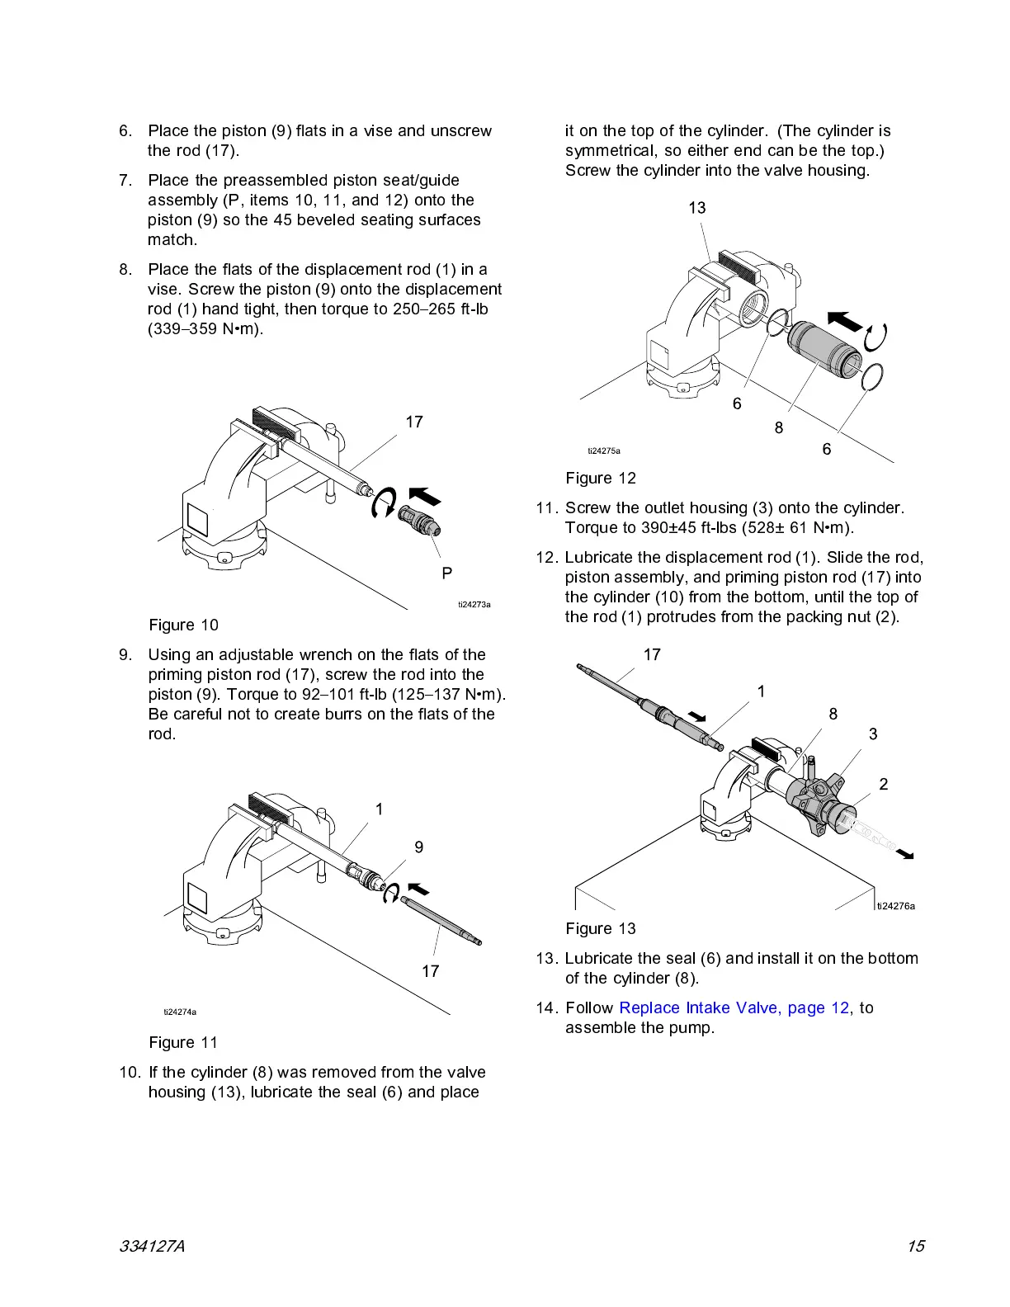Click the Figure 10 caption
(183, 625)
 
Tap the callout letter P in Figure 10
(446, 573)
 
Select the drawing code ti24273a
(474, 605)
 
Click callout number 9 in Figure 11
(419, 847)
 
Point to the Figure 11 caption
(183, 1042)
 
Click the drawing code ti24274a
(180, 1012)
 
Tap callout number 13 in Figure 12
(697, 208)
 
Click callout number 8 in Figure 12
(779, 427)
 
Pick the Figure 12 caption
(601, 478)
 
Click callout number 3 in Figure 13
(873, 734)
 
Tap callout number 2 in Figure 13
(884, 784)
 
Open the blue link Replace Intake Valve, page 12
(734, 1007)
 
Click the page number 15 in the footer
(916, 1246)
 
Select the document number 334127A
(152, 1246)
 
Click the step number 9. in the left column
(125, 654)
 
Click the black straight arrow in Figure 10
(425, 496)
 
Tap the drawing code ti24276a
(896, 906)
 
